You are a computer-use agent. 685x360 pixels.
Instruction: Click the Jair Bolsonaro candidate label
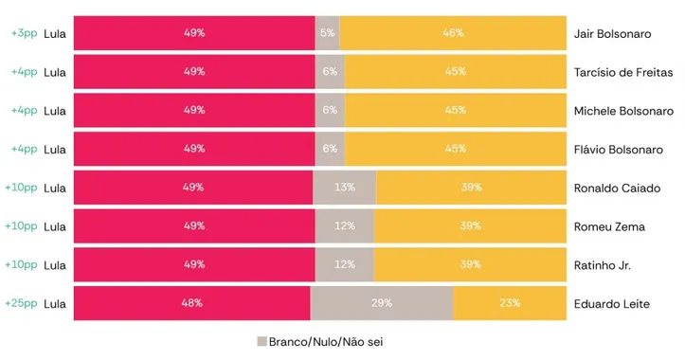tap(612, 33)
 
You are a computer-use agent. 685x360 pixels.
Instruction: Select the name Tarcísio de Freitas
tap(622, 72)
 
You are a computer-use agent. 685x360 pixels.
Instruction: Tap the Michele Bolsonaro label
tap(620, 111)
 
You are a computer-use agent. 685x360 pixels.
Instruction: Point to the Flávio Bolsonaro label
tap(618, 150)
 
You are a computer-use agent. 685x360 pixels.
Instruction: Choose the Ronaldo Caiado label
tap(617, 188)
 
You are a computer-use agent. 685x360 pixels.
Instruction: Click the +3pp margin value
tap(23, 33)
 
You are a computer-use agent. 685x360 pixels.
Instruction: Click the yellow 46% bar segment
tap(452, 33)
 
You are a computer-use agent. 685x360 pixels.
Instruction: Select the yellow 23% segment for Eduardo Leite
tap(509, 304)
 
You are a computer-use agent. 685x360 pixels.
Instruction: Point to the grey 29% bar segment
tap(382, 304)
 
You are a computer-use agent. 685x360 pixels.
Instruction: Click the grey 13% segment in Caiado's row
tap(344, 188)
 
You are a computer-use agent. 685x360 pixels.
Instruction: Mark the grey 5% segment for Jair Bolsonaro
tap(327, 33)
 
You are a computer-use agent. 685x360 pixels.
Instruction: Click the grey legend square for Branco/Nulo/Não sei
tap(261, 342)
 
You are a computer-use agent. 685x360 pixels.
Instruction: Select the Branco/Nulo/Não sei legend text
tap(326, 342)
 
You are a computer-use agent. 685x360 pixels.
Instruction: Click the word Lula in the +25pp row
tap(55, 304)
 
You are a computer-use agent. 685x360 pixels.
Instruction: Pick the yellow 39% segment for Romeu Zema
tap(469, 226)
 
